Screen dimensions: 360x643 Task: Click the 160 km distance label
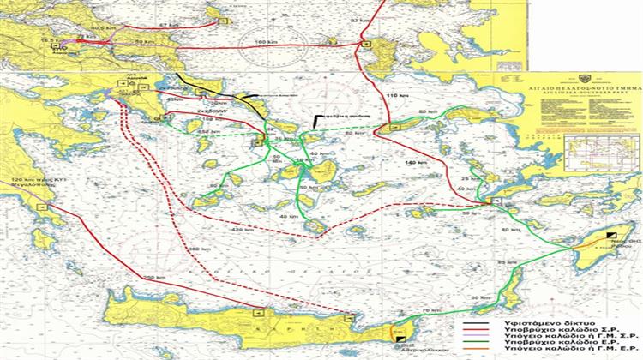[261, 43]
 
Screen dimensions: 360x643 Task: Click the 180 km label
[193, 249]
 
